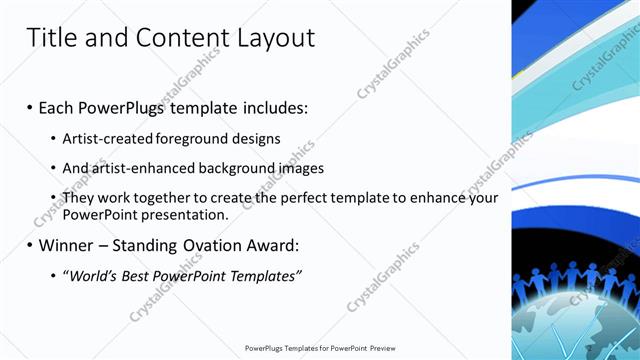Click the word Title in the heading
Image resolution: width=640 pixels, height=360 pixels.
coord(52,38)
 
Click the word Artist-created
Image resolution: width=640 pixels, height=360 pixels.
coord(105,138)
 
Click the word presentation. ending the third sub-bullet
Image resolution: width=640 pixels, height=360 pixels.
coord(186,214)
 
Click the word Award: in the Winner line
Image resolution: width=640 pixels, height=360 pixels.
coord(270,245)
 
